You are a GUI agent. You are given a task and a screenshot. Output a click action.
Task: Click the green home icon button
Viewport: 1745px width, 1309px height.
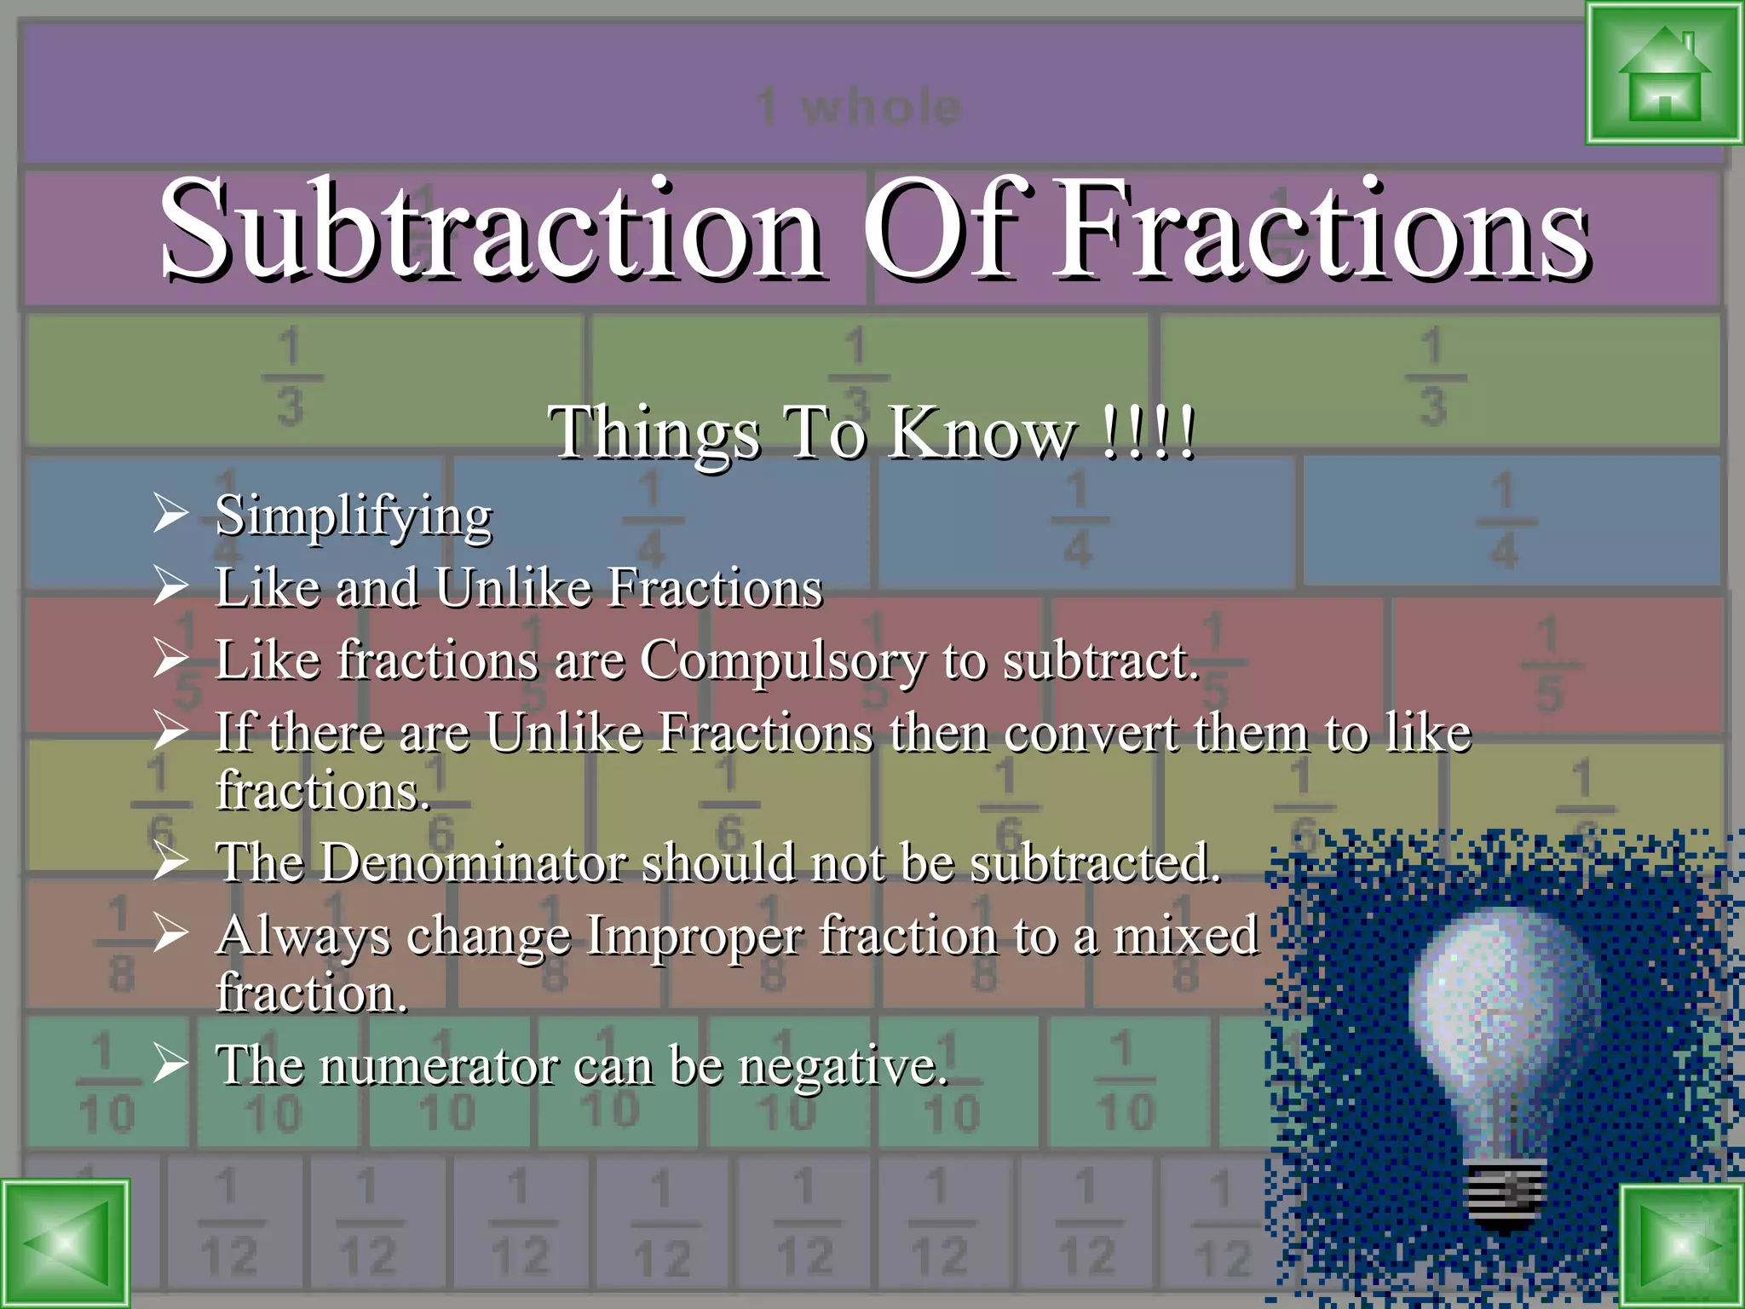coord(1663,73)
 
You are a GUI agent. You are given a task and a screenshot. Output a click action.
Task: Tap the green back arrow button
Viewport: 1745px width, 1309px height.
coord(65,1244)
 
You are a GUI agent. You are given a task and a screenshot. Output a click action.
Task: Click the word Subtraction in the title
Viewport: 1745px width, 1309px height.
coord(491,230)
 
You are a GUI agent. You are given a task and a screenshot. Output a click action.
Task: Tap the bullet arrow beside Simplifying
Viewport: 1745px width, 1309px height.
coord(170,514)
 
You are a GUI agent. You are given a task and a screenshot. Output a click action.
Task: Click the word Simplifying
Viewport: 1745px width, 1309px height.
coord(353,516)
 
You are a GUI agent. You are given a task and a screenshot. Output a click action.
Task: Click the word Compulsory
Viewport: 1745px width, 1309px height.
coord(782,661)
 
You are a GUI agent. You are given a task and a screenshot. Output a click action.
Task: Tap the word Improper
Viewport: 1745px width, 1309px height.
coord(694,936)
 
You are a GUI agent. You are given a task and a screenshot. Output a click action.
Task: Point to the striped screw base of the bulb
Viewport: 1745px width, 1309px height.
coord(1506,1193)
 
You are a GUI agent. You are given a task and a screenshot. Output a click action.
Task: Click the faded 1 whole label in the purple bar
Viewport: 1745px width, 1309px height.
coord(859,107)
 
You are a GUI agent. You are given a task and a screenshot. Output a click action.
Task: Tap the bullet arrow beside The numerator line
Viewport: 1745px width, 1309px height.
coord(170,1064)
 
